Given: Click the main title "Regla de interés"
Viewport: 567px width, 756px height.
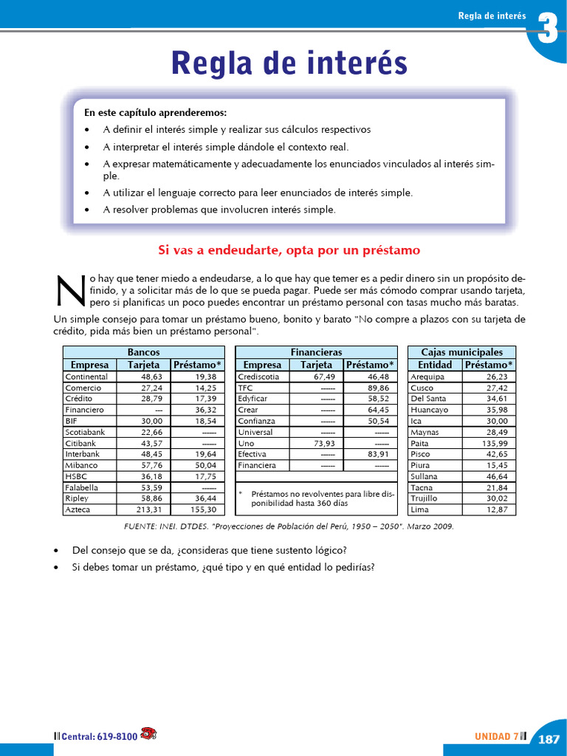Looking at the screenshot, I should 289,63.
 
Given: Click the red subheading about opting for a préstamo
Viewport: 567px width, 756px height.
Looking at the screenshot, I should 289,250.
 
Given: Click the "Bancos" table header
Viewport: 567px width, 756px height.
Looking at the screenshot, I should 143,353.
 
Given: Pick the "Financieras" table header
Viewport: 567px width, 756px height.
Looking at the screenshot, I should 316,353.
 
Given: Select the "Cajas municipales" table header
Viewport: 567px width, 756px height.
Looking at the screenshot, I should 461,353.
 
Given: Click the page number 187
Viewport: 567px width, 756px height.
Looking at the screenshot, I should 549,738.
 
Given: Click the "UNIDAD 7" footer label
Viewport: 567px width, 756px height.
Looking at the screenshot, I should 496,736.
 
